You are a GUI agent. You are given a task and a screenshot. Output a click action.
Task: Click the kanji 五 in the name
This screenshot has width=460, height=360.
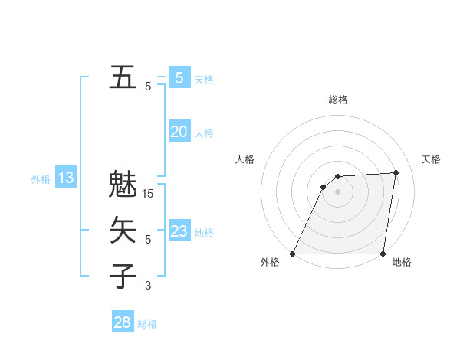pyautogui.click(x=123, y=77)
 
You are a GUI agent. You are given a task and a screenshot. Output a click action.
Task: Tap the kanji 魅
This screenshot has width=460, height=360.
pyautogui.click(x=123, y=185)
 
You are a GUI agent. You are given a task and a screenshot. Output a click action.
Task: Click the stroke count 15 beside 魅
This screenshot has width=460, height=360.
pyautogui.click(x=148, y=194)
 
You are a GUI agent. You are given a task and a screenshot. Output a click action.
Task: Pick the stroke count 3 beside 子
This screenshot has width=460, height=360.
pyautogui.click(x=148, y=286)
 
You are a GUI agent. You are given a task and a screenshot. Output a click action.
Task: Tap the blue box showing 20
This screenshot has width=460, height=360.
pyautogui.click(x=179, y=132)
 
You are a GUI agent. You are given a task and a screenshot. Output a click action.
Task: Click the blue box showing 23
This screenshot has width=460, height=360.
pyautogui.click(x=179, y=231)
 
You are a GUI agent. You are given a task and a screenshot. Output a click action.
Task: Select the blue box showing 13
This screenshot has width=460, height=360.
pyautogui.click(x=66, y=178)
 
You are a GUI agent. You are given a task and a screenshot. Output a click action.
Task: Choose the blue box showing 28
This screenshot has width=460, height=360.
pyautogui.click(x=123, y=322)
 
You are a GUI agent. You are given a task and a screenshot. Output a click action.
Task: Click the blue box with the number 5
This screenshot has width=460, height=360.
pyautogui.click(x=179, y=77)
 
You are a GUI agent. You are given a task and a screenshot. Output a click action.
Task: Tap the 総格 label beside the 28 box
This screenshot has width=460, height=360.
pyautogui.click(x=147, y=324)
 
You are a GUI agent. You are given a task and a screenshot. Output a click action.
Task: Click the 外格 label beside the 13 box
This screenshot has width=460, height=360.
pyautogui.click(x=41, y=179)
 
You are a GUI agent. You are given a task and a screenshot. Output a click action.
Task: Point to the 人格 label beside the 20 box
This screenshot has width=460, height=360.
pyautogui.click(x=204, y=133)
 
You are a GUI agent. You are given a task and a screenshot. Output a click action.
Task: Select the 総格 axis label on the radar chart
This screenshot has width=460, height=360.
pyautogui.click(x=337, y=100)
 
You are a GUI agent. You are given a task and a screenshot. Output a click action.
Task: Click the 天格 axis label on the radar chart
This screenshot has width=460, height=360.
pyautogui.click(x=432, y=159)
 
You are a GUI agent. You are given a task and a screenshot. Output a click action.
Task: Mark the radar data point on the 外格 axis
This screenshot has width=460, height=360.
pyautogui.click(x=293, y=254)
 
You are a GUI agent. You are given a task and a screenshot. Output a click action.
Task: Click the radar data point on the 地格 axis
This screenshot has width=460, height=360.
pyautogui.click(x=383, y=254)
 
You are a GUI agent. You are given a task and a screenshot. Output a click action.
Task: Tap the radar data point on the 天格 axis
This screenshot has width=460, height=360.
pyautogui.click(x=396, y=172)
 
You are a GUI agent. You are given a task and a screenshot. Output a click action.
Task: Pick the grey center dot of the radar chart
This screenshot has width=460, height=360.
pyautogui.click(x=337, y=191)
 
